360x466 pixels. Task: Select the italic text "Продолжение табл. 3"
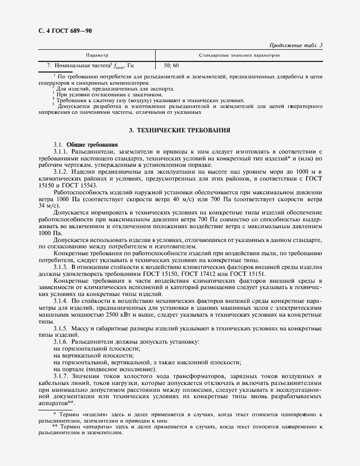coord(296,45)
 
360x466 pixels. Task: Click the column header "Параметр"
coord(96,55)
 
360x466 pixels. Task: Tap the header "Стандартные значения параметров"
coord(239,55)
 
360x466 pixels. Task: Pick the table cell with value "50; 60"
coord(172,66)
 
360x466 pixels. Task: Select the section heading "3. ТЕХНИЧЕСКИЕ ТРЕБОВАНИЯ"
coord(180,130)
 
